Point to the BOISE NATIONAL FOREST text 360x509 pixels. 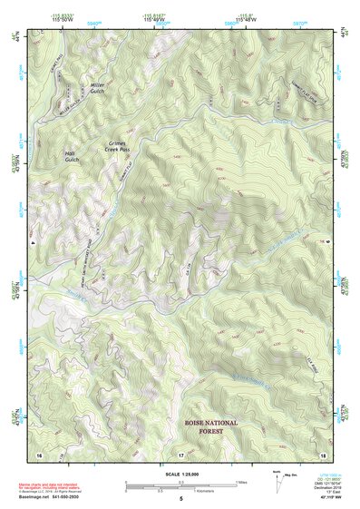210,427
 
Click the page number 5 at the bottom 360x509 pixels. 180,500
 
